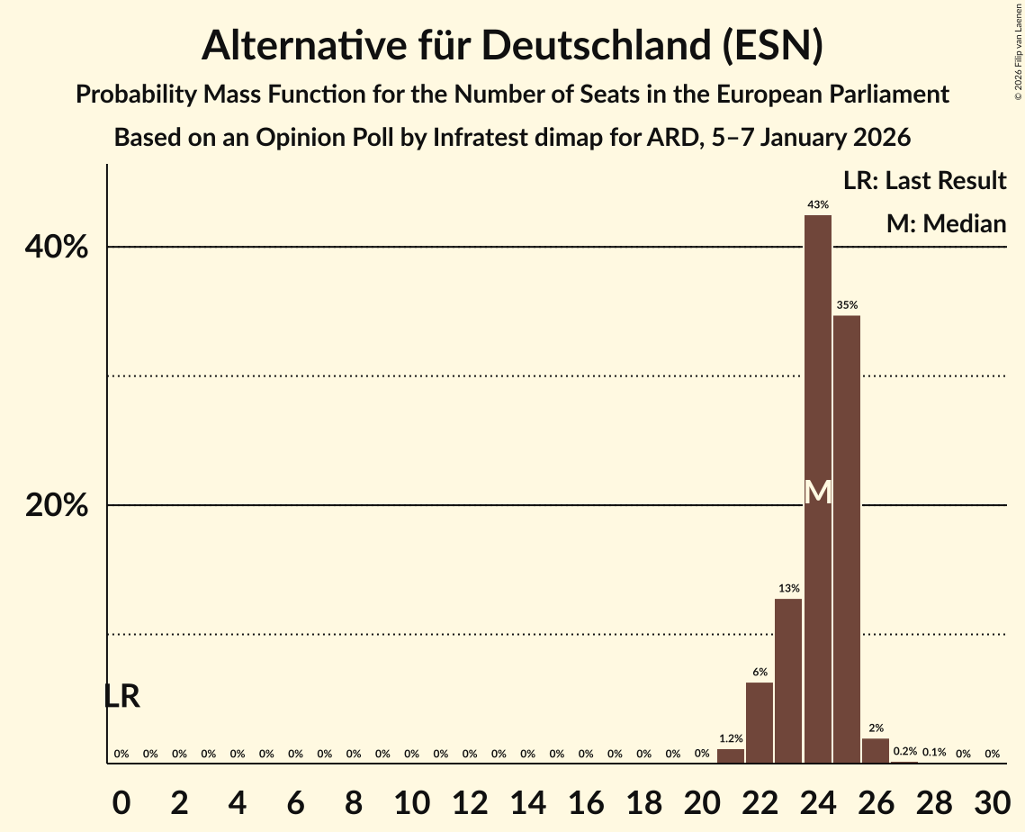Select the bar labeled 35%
click(847, 540)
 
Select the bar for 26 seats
click(876, 751)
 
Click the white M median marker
click(817, 492)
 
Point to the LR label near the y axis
click(121, 696)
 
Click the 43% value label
click(817, 205)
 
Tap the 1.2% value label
click(731, 738)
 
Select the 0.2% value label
click(904, 752)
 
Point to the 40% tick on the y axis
click(57, 248)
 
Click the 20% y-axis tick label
click(57, 506)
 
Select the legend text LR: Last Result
click(924, 181)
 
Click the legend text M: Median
click(946, 223)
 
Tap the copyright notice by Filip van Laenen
click(1019, 50)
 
